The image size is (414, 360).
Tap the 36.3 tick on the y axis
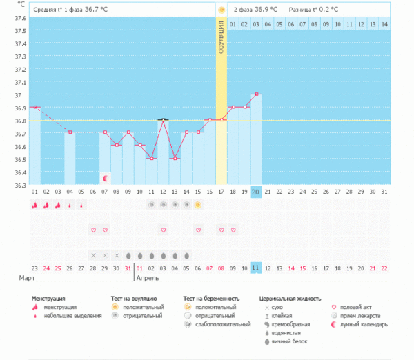[x=20, y=185]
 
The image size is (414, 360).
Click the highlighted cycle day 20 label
[x=256, y=191]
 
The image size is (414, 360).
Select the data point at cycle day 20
[x=256, y=94]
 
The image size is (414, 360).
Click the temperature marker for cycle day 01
[x=34, y=107]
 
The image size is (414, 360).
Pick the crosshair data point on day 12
[x=163, y=120]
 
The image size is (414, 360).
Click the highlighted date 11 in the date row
[x=256, y=268]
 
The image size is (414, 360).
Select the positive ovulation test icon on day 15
[x=198, y=205]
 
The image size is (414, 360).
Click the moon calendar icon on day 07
[x=105, y=178]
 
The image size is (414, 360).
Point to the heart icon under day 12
[x=163, y=230]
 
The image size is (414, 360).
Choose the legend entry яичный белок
[x=289, y=341]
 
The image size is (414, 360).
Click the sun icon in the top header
[x=221, y=10]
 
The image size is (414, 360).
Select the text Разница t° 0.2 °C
[x=315, y=10]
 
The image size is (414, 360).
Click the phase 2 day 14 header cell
[x=384, y=24]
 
